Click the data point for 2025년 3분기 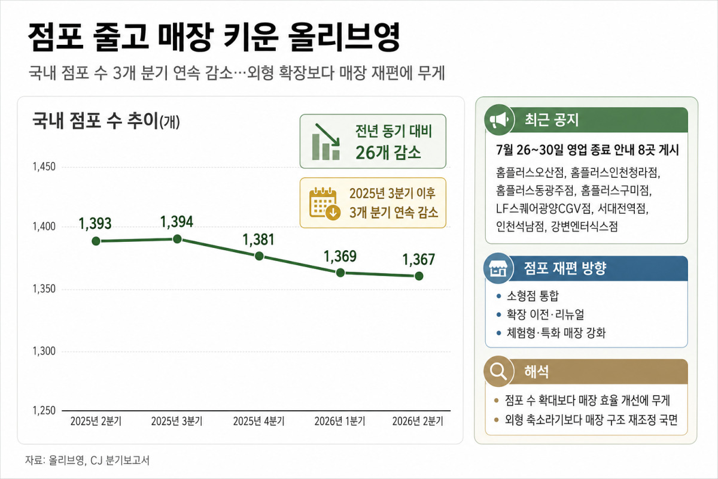[x=177, y=239]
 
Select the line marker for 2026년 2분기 [x=419, y=276]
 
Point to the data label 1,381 [x=258, y=239]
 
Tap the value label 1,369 [x=340, y=256]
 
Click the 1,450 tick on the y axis [x=44, y=166]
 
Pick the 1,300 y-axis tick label [x=44, y=351]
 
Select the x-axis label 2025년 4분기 [x=258, y=422]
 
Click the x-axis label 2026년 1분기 [x=340, y=422]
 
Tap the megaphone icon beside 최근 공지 [x=499, y=120]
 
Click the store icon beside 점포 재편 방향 [x=498, y=268]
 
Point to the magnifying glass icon [x=498, y=371]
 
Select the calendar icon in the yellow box [x=325, y=203]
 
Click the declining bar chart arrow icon [x=326, y=141]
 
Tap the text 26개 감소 [x=388, y=153]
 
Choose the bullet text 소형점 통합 [x=533, y=296]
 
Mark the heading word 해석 [x=536, y=371]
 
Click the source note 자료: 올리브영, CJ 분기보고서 [x=87, y=460]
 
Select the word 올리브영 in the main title [x=344, y=37]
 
